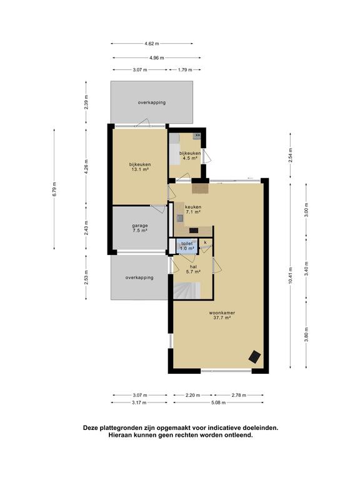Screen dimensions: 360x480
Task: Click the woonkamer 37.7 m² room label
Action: pyautogui.click(x=222, y=315)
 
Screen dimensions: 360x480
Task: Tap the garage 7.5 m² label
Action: pyautogui.click(x=140, y=228)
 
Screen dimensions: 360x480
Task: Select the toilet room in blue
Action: pyautogui.click(x=187, y=246)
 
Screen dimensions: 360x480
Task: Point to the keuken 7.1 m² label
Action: pyautogui.click(x=193, y=209)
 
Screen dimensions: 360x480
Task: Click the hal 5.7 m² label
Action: pyautogui.click(x=193, y=269)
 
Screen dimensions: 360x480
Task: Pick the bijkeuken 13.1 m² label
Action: pyautogui.click(x=140, y=166)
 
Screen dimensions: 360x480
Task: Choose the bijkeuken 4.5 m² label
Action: pyautogui.click(x=190, y=156)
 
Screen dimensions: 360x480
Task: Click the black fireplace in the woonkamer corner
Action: pyautogui.click(x=255, y=357)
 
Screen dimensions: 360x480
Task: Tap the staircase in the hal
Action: pyautogui.click(x=187, y=290)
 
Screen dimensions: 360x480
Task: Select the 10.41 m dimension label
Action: pyautogui.click(x=290, y=276)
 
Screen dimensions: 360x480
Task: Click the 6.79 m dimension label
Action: pyautogui.click(x=54, y=189)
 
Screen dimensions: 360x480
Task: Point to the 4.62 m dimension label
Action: pyautogui.click(x=152, y=44)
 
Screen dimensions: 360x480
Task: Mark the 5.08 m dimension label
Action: pyautogui.click(x=218, y=402)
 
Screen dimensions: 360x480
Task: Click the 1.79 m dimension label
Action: pyautogui.click(x=185, y=70)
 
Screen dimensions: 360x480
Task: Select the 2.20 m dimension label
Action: pyautogui.click(x=192, y=395)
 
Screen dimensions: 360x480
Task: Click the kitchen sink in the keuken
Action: pyautogui.click(x=180, y=218)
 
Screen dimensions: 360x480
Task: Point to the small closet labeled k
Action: pyautogui.click(x=206, y=242)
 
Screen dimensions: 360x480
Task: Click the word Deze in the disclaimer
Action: pyautogui.click(x=91, y=428)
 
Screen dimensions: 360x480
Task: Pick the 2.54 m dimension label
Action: pyautogui.click(x=290, y=155)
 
